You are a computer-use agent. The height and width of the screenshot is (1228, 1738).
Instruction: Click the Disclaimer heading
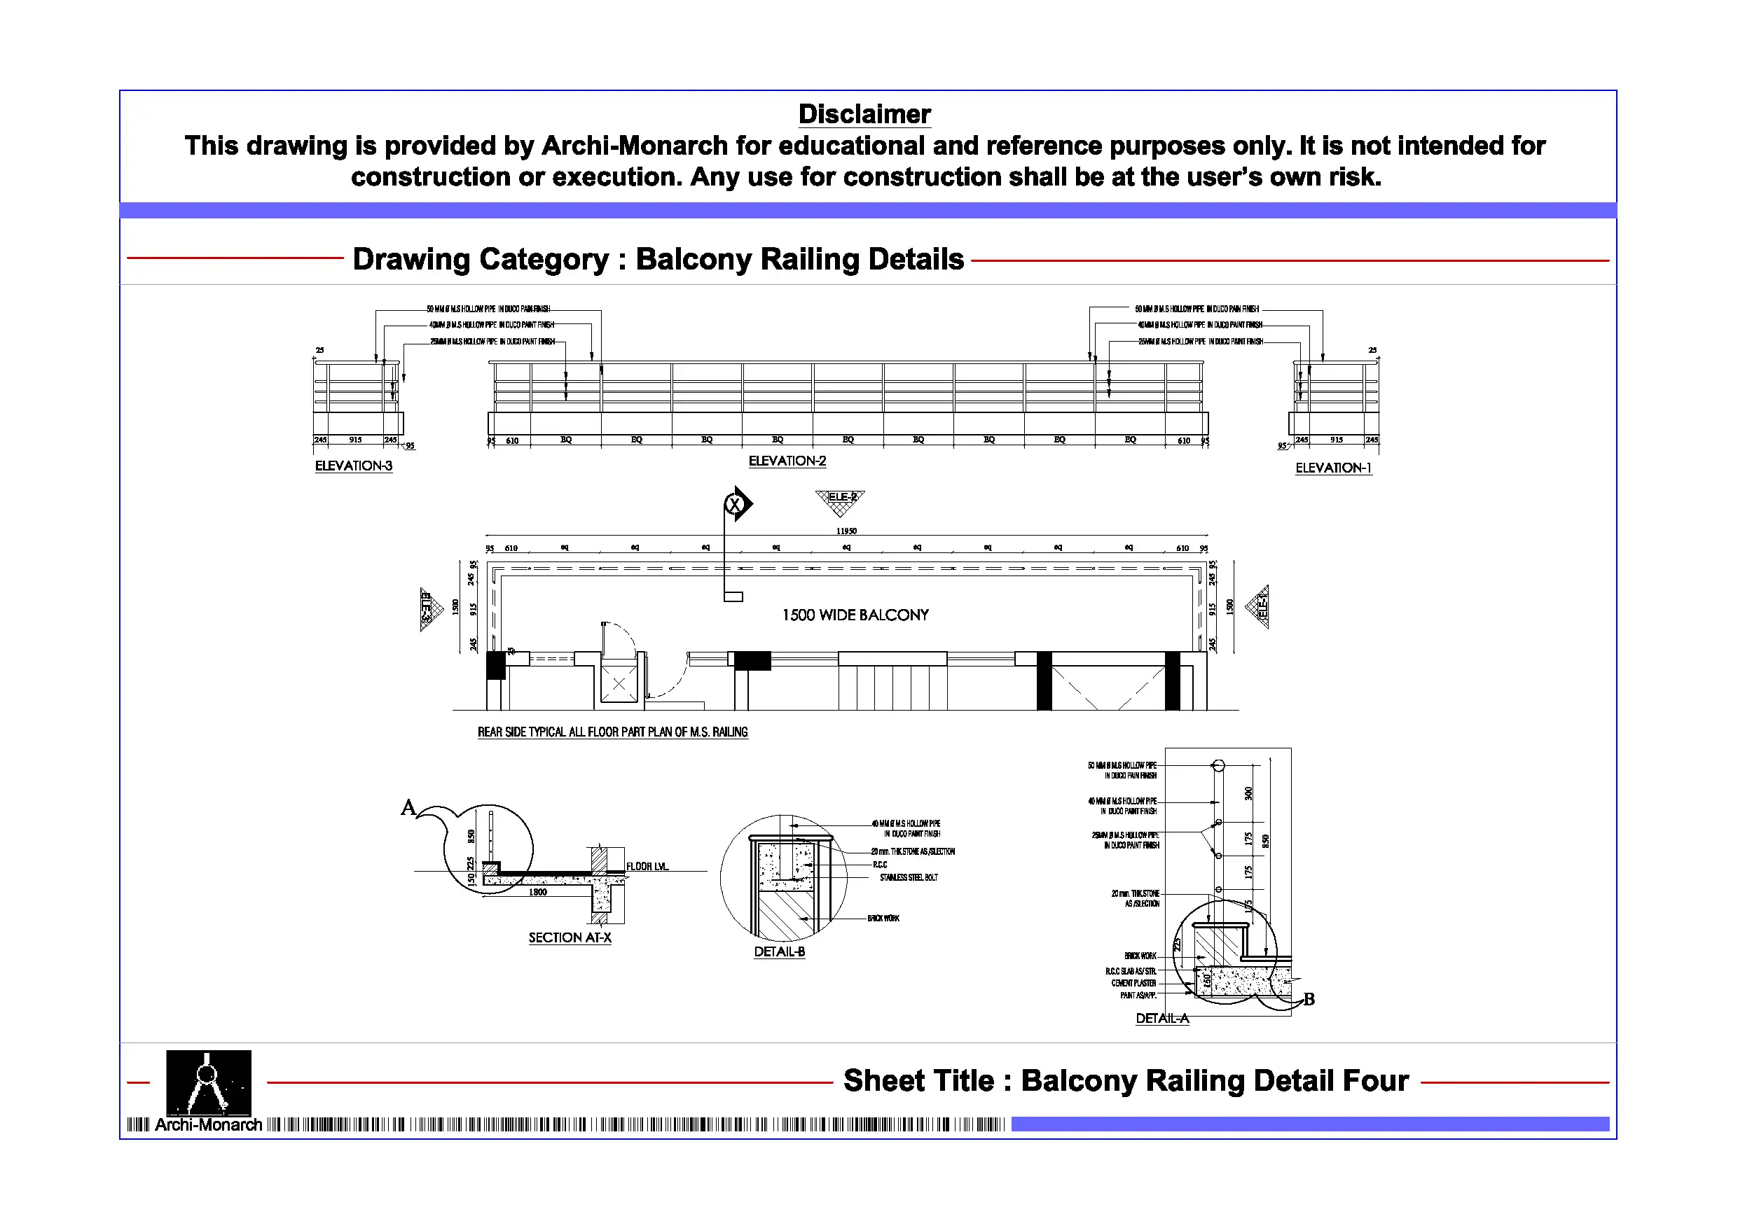tap(864, 114)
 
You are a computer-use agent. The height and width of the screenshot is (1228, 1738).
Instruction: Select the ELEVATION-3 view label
tap(354, 466)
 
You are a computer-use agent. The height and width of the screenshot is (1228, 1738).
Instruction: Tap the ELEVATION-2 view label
tap(787, 461)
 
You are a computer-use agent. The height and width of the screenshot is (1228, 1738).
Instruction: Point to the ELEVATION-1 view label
tap(1332, 468)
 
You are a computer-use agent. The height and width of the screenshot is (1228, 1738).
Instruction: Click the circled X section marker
tap(733, 504)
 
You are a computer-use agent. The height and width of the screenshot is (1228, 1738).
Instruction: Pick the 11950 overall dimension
tap(846, 531)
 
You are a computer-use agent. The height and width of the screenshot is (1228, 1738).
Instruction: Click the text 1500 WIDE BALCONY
tap(855, 615)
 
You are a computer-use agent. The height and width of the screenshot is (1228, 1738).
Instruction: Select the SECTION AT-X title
tap(570, 938)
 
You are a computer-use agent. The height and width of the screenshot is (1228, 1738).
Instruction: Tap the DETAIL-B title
tap(779, 952)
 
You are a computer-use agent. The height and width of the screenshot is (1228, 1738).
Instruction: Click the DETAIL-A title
tap(1161, 1019)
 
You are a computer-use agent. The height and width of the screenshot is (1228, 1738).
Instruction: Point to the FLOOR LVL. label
tap(647, 866)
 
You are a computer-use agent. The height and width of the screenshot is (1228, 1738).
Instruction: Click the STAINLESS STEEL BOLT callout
tap(909, 878)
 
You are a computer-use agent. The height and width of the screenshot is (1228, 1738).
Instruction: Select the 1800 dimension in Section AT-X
tap(537, 892)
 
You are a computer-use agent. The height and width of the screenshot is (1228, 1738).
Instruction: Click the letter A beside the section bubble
tap(408, 807)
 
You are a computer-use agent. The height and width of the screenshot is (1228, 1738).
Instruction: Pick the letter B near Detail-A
tap(1309, 1000)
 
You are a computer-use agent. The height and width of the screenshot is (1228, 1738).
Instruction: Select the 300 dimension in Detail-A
tap(1248, 793)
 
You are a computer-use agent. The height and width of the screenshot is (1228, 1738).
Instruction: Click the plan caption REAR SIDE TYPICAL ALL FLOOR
tap(612, 732)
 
